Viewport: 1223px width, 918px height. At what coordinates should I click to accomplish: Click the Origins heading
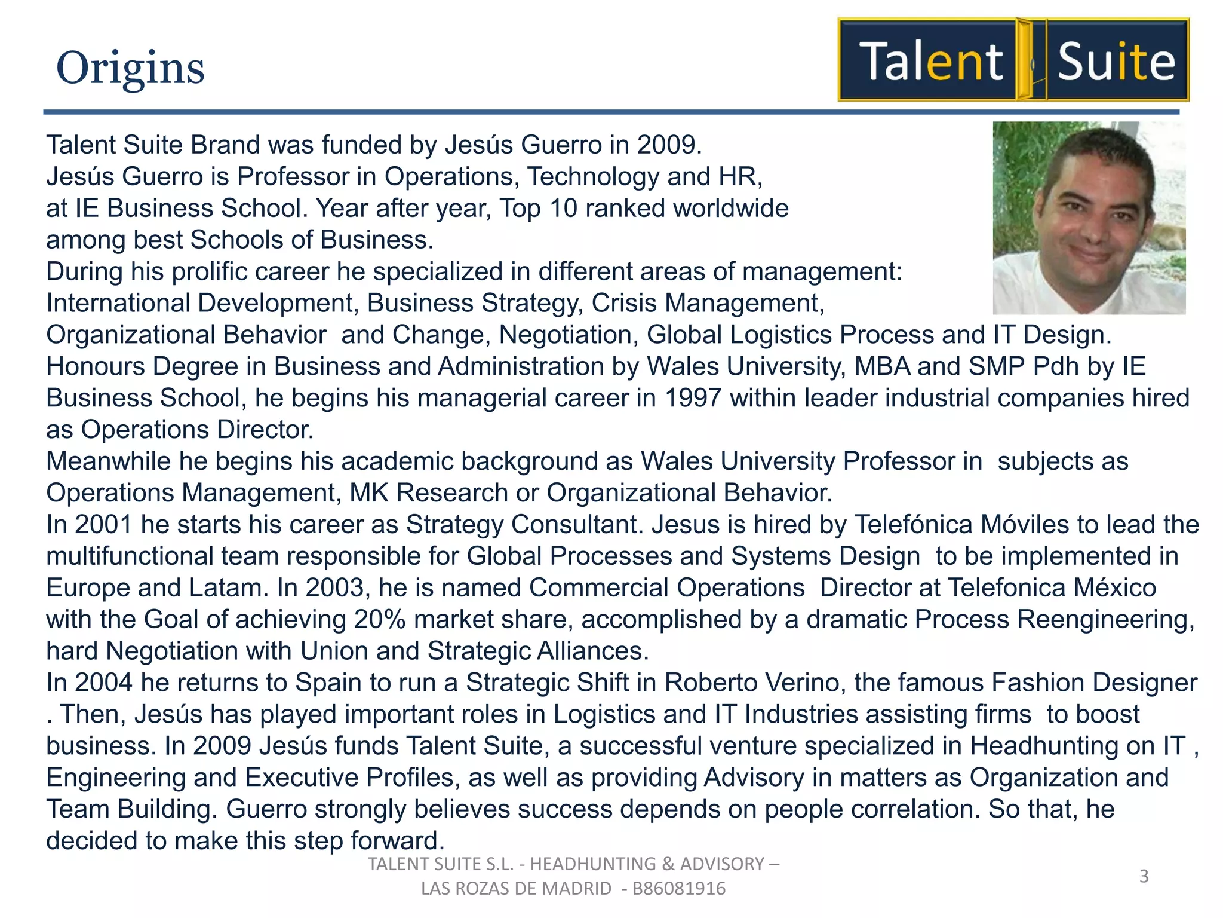click(130, 68)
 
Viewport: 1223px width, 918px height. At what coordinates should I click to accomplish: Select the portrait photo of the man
click(1089, 218)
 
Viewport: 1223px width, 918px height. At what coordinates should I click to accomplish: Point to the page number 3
click(1144, 876)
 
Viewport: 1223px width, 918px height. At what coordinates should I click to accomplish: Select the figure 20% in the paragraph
click(380, 619)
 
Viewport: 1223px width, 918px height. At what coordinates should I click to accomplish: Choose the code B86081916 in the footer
click(679, 889)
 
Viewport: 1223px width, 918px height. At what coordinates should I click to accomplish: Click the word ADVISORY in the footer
click(722, 864)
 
